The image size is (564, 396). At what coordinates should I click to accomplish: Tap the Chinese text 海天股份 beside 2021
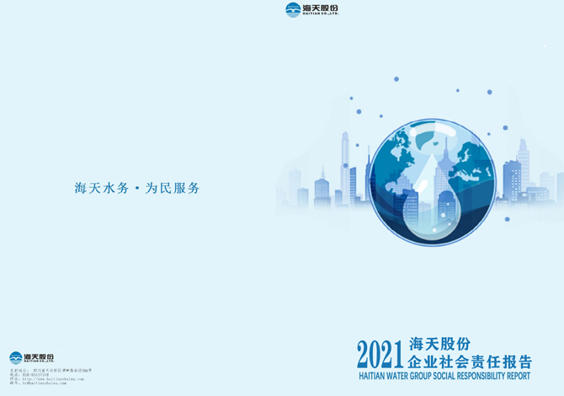click(438, 344)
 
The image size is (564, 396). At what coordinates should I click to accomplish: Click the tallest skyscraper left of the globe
click(344, 164)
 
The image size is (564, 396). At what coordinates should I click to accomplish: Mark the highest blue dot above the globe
click(396, 79)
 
